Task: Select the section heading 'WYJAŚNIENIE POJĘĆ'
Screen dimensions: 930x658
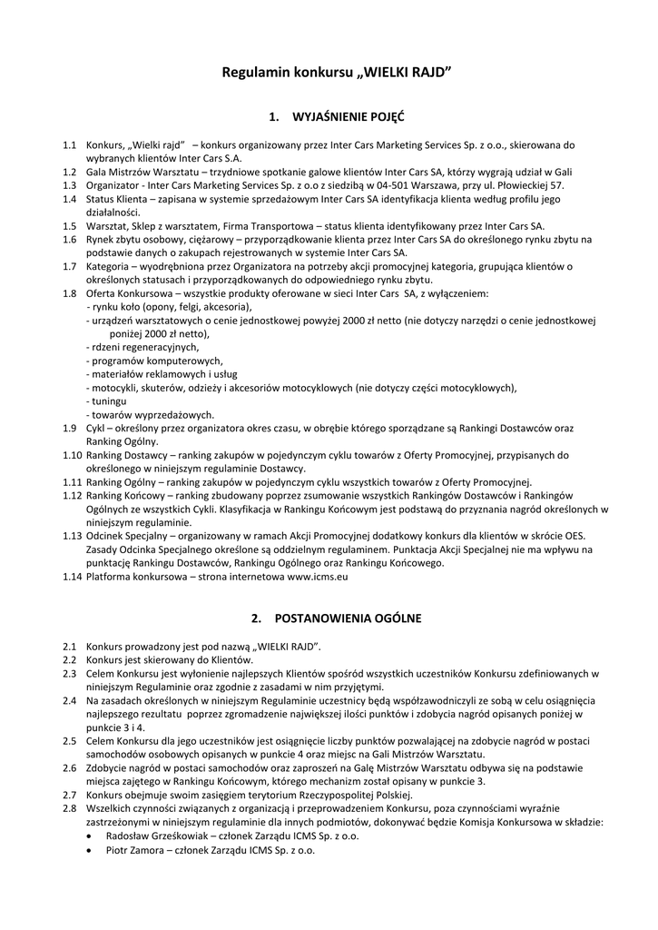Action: point(349,118)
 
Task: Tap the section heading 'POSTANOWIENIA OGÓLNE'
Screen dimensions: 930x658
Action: point(348,618)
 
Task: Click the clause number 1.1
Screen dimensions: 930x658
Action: point(70,144)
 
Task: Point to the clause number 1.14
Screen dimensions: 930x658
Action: point(73,576)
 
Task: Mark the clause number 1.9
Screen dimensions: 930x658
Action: point(70,427)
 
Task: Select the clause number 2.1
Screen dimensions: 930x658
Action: point(70,647)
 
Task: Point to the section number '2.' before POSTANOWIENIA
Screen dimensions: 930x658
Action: point(256,618)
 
